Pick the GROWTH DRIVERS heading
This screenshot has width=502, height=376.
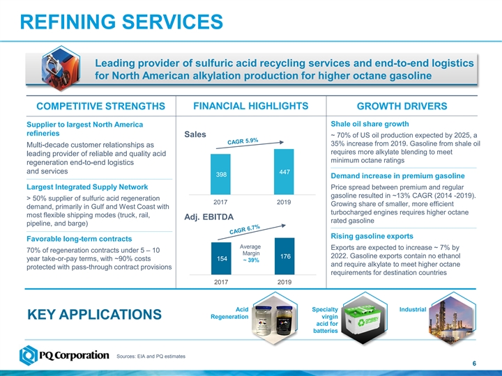pos(401,107)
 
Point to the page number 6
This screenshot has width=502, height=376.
pos(474,364)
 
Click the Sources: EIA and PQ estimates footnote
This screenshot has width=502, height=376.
pos(151,357)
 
